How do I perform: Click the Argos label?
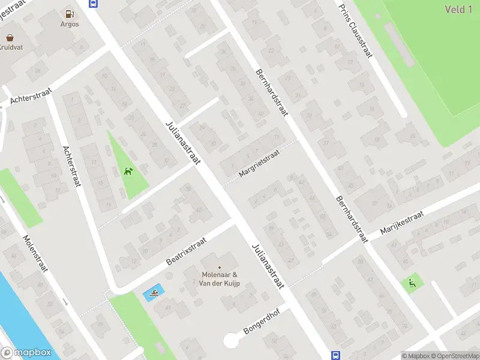(70, 24)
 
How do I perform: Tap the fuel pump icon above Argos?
(70, 13)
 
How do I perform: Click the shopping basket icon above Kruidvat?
(10, 36)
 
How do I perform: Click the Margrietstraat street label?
(259, 164)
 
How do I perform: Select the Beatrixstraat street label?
(186, 251)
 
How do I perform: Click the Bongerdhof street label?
(263, 322)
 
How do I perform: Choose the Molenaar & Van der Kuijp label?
(220, 279)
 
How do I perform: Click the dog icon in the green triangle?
(128, 172)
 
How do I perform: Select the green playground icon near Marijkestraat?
(412, 283)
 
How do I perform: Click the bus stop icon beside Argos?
(93, 3)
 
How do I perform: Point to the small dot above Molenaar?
(220, 268)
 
